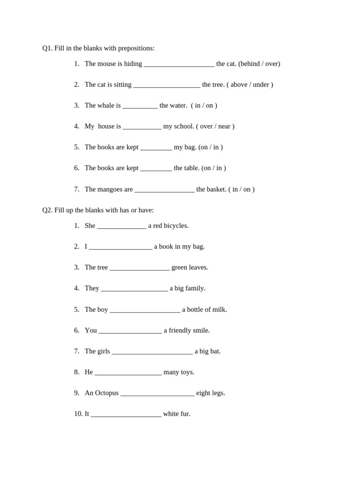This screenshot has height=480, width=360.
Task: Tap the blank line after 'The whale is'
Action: click(140, 106)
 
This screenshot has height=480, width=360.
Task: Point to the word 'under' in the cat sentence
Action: click(261, 85)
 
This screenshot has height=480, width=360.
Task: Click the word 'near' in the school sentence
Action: click(224, 127)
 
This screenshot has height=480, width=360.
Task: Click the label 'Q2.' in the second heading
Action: click(47, 210)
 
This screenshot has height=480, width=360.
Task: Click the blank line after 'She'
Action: click(121, 227)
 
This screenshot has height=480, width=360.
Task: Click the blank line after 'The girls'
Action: click(152, 352)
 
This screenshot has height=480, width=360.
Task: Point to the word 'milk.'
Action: click(220, 310)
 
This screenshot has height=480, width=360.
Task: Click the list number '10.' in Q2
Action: click(78, 414)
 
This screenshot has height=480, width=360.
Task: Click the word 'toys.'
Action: click(187, 372)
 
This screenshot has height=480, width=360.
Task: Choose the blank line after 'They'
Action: click(134, 290)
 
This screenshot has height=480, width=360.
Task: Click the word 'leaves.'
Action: click(198, 268)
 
